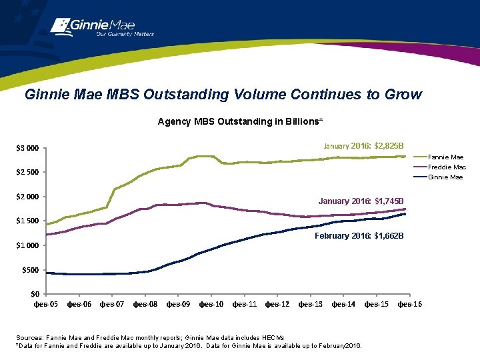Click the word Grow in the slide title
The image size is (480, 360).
pos(403,94)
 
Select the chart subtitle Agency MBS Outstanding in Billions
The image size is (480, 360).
pos(240,121)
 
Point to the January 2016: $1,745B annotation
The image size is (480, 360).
pos(361,201)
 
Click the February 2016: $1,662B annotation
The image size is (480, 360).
pos(359,236)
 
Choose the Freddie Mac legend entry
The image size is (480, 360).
pos(447,167)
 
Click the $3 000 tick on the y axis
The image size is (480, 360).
pos(28,148)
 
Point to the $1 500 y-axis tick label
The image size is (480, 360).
pos(28,221)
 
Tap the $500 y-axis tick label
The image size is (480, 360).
pos(31,269)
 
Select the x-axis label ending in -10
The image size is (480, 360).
pos(211,305)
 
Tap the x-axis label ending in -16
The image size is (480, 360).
pos(409,305)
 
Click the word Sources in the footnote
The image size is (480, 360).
pos(29,337)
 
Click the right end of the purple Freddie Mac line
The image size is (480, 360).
pos(405,209)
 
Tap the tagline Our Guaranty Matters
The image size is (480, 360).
pos(125,34)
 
